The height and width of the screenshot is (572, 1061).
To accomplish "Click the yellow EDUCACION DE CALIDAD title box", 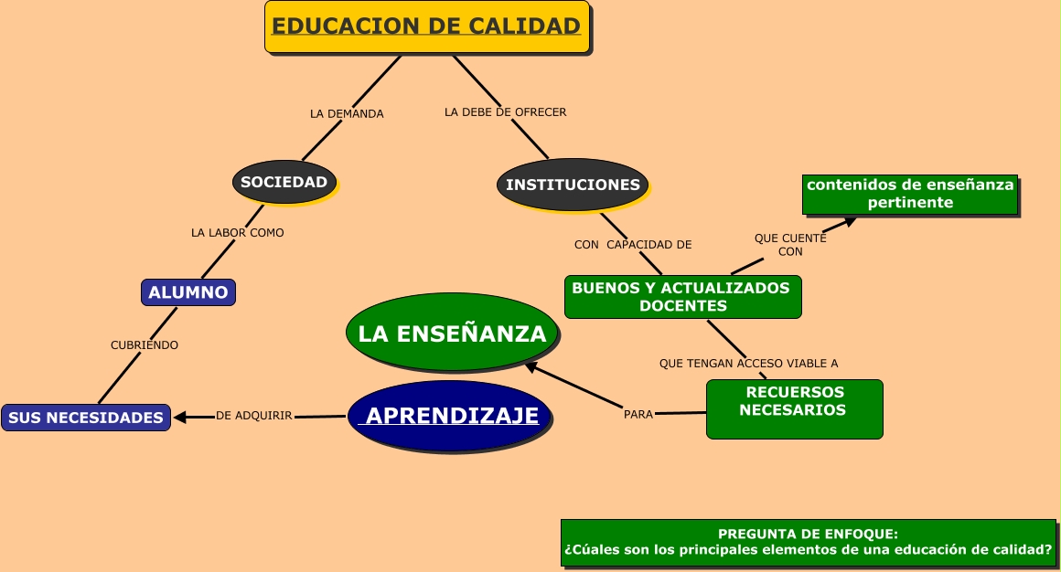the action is pos(426,26).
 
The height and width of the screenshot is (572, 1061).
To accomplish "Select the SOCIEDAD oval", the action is pos(284,182).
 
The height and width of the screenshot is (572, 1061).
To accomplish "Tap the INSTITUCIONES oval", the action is pos(573,185).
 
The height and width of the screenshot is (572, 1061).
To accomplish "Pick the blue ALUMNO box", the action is pos(188,292).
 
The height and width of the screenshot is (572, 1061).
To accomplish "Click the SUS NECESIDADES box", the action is pos(86,418).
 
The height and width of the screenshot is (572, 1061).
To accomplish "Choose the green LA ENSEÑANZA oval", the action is pos(452,334).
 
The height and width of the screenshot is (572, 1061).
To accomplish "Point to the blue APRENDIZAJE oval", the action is pos(452,417).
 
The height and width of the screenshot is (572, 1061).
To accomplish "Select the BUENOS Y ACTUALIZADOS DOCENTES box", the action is pos(682,297).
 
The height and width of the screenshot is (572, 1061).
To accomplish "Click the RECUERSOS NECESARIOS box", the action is pos(794,408).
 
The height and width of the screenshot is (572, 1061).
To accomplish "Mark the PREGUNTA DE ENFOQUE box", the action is pos(808,543).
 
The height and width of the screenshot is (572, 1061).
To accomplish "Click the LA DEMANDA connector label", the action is pos(347,114).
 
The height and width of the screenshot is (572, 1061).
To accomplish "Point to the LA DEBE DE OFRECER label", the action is pos(505,112).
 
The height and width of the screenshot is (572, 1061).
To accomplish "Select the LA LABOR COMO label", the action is pos(238,233).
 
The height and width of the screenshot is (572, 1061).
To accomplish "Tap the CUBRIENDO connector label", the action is pos(145,345).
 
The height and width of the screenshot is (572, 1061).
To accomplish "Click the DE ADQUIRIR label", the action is pos(254,416).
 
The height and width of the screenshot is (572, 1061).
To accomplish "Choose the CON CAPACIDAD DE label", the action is pos(633,245).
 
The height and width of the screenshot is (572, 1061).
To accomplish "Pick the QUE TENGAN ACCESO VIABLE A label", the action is pos(748,364).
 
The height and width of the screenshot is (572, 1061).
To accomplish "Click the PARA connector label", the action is pos(638,414).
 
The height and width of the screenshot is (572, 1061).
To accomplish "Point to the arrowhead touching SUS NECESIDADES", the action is pos(180,418).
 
